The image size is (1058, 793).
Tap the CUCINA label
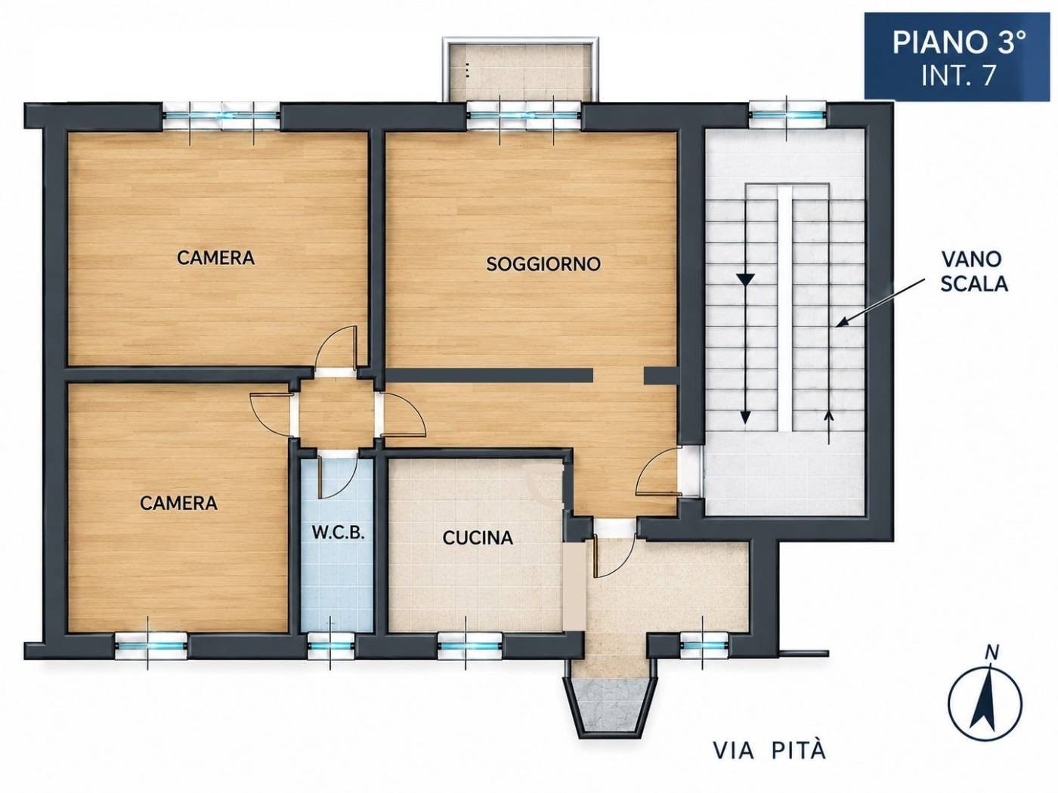(477, 538)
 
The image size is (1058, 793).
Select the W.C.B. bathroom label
(337, 533)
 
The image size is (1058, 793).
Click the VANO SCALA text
(974, 272)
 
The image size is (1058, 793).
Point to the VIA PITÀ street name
(770, 751)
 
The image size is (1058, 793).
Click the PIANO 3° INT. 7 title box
(957, 57)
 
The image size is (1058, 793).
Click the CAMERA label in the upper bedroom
(215, 258)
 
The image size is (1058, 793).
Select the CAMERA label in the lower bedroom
(178, 504)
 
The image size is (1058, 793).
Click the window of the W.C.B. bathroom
(331, 646)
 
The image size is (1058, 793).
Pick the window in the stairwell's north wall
(788, 116)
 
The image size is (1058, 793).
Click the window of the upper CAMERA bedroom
(221, 116)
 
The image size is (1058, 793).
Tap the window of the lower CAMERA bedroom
(151, 646)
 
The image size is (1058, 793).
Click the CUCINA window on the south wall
(470, 646)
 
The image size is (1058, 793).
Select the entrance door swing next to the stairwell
(658, 470)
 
